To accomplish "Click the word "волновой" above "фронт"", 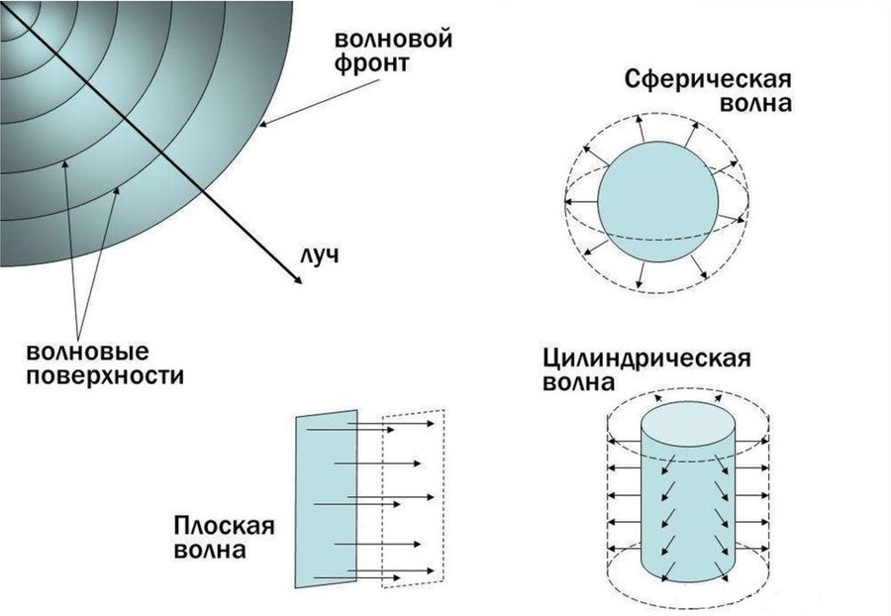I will click(x=394, y=41).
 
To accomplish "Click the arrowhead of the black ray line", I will click(x=299, y=282).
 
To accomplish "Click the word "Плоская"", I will click(x=224, y=526).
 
